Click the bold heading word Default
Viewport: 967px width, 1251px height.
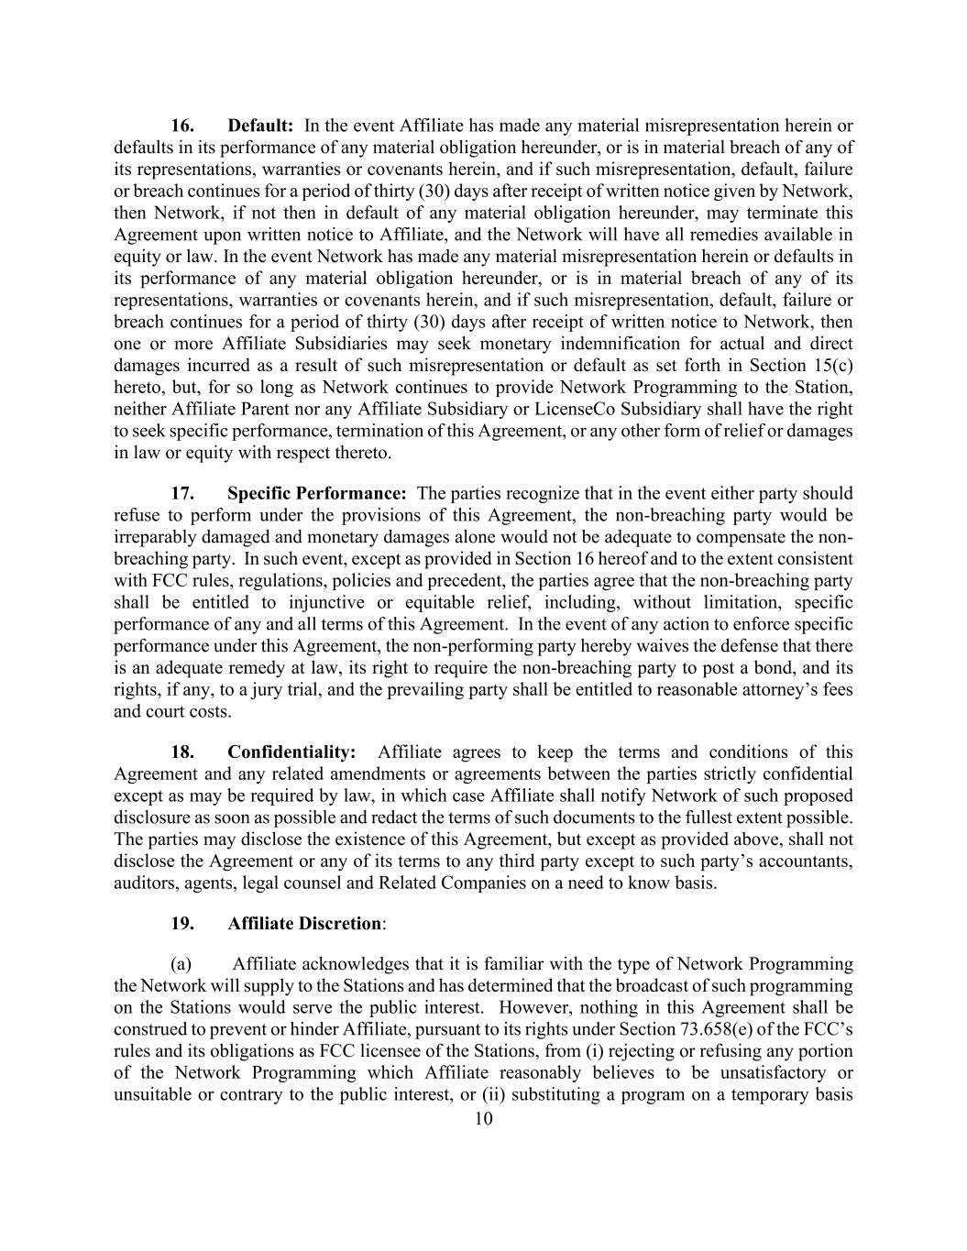259,126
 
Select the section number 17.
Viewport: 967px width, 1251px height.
182,493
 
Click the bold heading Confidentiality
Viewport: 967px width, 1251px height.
291,752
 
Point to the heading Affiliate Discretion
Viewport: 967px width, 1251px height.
304,923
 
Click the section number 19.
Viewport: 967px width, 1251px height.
182,923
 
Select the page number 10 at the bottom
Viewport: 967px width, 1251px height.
483,1118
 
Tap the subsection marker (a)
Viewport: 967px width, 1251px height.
181,964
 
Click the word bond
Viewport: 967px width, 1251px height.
790,668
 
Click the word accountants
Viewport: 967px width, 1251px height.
803,861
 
